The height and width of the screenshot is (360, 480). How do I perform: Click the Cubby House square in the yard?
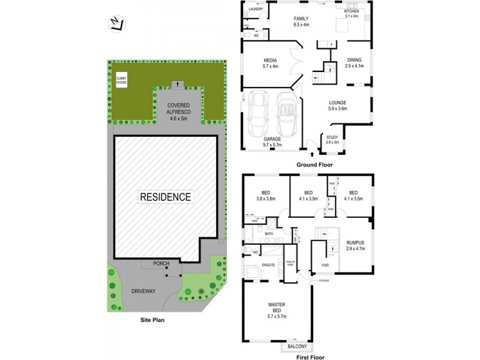click(x=121, y=81)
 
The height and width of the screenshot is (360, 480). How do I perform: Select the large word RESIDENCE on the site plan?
click(x=166, y=197)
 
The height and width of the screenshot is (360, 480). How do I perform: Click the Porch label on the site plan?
click(x=161, y=263)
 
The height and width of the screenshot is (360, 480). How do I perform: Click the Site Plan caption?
click(x=148, y=320)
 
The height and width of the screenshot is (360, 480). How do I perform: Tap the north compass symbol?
click(x=117, y=23)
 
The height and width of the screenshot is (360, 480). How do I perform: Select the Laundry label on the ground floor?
click(x=255, y=9)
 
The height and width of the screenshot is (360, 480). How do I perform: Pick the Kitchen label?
click(x=352, y=11)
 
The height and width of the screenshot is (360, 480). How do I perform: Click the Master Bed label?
click(x=277, y=308)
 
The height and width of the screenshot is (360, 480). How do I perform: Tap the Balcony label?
click(x=296, y=346)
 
